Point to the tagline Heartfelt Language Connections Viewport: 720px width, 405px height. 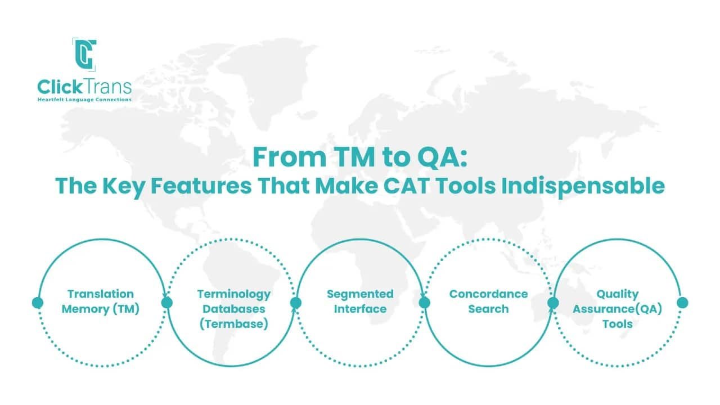tap(84, 100)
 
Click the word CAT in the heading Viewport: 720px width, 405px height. tap(434, 186)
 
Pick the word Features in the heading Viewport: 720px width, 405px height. tap(210, 186)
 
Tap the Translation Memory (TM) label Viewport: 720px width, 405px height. tap(101, 301)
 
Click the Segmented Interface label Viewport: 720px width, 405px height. tap(360, 301)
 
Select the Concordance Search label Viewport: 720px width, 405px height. tap(488, 301)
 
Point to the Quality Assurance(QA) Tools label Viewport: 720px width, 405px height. tap(617, 309)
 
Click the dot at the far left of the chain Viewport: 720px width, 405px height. tap(38, 303)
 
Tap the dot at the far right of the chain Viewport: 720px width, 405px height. tap(682, 303)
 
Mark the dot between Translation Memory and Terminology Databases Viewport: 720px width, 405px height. tap(167, 303)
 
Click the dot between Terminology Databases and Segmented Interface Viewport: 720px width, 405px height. tap(296, 303)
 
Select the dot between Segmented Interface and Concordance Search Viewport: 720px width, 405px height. tap(425, 303)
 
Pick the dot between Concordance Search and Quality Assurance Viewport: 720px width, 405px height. tap(553, 303)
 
